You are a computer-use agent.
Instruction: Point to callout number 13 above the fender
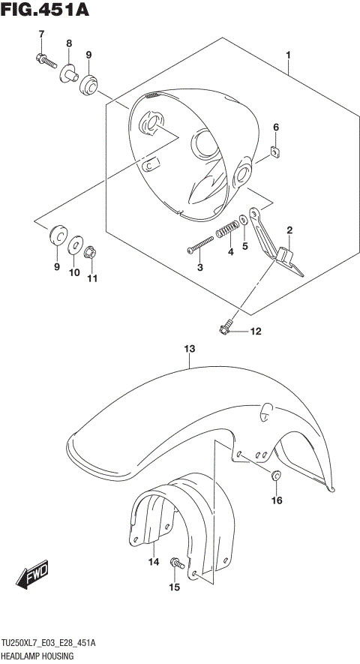[190, 349]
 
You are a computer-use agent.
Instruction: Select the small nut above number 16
[276, 474]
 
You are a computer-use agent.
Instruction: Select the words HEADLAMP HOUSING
[41, 655]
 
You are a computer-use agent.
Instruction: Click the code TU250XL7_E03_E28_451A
[58, 643]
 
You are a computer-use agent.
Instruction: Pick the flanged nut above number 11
[89, 253]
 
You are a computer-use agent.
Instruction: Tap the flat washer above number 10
[74, 245]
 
